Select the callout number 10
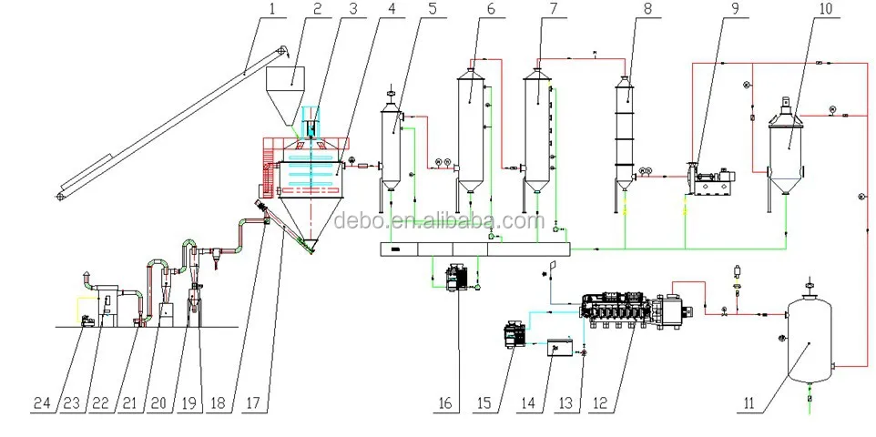point(825,8)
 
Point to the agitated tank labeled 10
point(785,148)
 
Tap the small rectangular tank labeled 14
point(560,348)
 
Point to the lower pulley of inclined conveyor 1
point(61,196)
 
